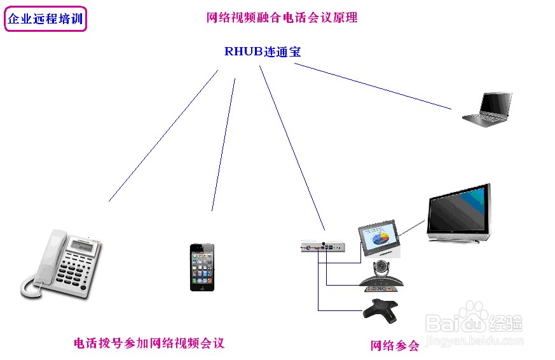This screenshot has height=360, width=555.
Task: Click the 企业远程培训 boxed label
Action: tap(45, 19)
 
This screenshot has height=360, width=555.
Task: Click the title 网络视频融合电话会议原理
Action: tap(282, 18)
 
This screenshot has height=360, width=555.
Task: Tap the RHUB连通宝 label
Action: tap(262, 52)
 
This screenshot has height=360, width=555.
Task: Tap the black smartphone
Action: tap(202, 267)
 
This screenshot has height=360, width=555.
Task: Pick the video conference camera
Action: tap(381, 275)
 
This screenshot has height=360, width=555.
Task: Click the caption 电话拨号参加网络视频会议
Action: tap(149, 343)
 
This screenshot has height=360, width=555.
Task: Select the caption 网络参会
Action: tap(395, 346)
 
